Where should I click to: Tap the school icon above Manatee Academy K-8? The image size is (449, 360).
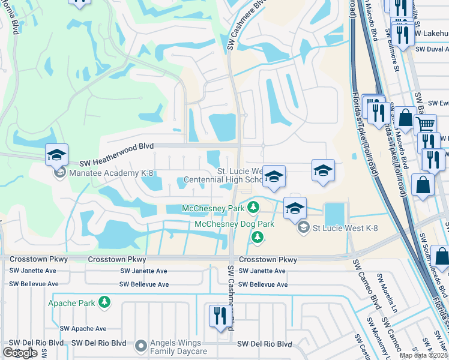click(x=56, y=155)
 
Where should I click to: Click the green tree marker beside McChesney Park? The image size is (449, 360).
click(x=254, y=208)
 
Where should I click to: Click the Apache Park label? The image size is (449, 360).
click(x=71, y=303)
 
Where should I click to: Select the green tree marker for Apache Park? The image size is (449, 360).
click(x=105, y=302)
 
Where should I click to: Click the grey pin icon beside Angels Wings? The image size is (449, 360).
click(x=140, y=346)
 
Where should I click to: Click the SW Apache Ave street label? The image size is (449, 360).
click(x=83, y=329)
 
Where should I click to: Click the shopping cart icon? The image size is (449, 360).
click(x=426, y=125)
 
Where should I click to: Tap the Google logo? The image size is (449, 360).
click(x=20, y=353)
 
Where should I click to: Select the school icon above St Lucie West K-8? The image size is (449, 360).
click(x=295, y=208)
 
